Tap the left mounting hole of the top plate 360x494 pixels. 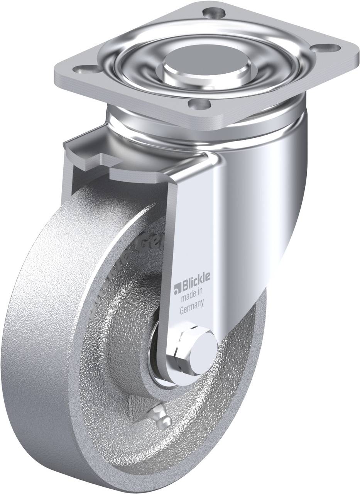click(82, 71)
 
